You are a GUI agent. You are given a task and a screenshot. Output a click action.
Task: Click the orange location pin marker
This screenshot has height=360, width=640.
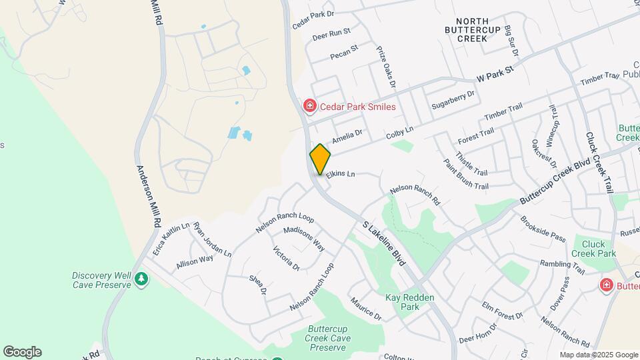pos(320,159)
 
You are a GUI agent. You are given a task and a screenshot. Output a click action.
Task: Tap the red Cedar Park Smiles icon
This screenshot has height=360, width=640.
pos(309,106)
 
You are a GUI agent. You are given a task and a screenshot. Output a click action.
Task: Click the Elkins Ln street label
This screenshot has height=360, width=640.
pos(341,173)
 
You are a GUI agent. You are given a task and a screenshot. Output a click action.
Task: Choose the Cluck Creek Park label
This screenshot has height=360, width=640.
pos(593,248)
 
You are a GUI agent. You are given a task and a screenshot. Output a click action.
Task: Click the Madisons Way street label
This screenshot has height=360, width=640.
pos(304,238)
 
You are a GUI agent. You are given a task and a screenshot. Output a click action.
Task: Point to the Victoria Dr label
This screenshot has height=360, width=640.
pos(287,258)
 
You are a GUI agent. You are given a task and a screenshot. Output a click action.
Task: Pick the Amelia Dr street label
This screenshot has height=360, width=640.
pos(347,138)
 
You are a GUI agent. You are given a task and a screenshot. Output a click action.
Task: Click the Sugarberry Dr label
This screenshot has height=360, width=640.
pos(452,99)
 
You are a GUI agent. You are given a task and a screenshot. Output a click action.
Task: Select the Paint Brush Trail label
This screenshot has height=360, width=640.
pos(466,175)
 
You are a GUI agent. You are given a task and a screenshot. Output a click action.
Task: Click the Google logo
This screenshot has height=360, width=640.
pos(22,352)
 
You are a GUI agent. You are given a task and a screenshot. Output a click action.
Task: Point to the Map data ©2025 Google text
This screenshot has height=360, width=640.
pos(597,355)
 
